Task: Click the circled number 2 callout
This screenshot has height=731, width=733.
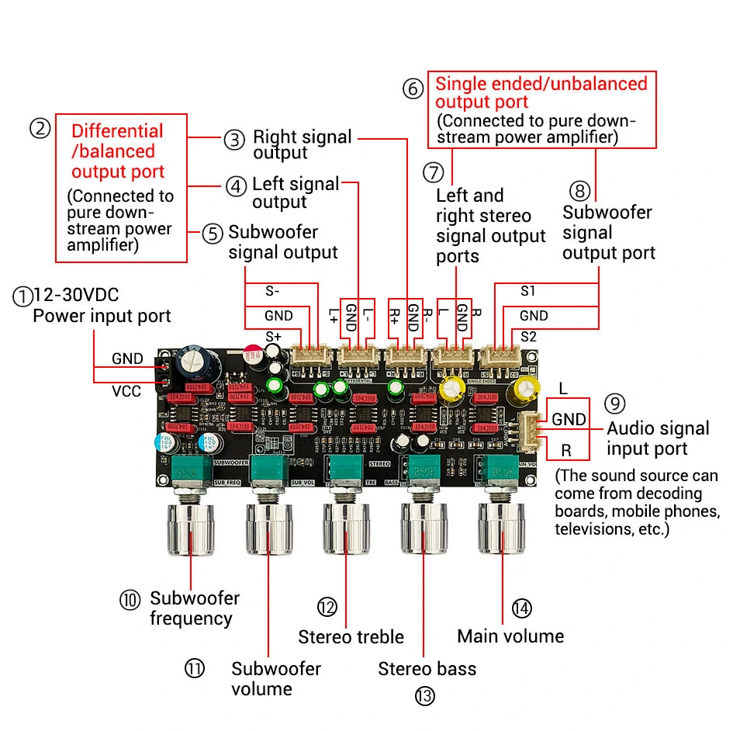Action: (40, 128)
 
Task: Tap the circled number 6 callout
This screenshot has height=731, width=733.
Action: (413, 88)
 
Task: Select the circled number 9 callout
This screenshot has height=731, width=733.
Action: (614, 404)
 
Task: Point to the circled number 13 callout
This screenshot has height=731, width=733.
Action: (424, 696)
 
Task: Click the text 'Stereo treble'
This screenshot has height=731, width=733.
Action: (351, 637)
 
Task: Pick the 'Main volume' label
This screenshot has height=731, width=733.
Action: (510, 636)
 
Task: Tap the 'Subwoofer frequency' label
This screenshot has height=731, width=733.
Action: (194, 608)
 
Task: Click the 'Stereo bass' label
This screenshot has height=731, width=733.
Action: (427, 669)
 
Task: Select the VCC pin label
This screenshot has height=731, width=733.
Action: (126, 391)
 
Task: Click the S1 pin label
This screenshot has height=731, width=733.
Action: (528, 292)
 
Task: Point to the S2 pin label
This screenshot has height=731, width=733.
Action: (528, 337)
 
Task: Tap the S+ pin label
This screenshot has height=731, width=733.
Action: (274, 337)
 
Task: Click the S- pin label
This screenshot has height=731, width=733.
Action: (273, 292)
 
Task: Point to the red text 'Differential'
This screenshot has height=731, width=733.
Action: (117, 131)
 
